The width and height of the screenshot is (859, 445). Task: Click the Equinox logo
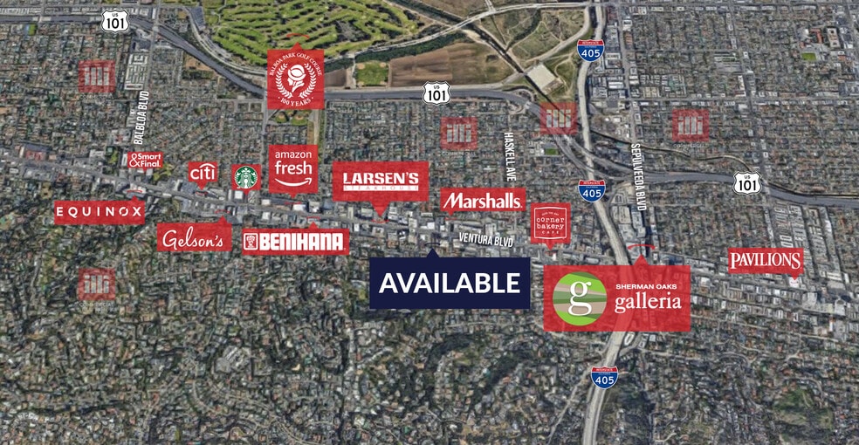click(x=99, y=210)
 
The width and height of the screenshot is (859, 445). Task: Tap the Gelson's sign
click(x=194, y=236)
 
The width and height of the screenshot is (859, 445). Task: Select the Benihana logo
click(x=295, y=242)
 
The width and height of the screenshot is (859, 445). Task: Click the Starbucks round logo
click(x=246, y=176)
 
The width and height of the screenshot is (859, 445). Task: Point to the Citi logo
click(x=202, y=172)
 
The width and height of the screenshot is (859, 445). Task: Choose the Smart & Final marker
click(x=145, y=160)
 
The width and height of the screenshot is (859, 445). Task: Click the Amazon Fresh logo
click(x=292, y=168)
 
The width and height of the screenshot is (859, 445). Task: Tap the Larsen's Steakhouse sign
click(x=381, y=181)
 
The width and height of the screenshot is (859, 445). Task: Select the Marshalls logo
click(x=482, y=201)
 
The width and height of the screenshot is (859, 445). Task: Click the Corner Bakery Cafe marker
click(x=550, y=223)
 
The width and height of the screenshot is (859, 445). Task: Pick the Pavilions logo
click(x=766, y=260)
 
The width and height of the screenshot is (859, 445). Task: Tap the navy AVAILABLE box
click(x=450, y=283)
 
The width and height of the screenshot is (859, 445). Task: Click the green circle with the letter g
click(x=581, y=299)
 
